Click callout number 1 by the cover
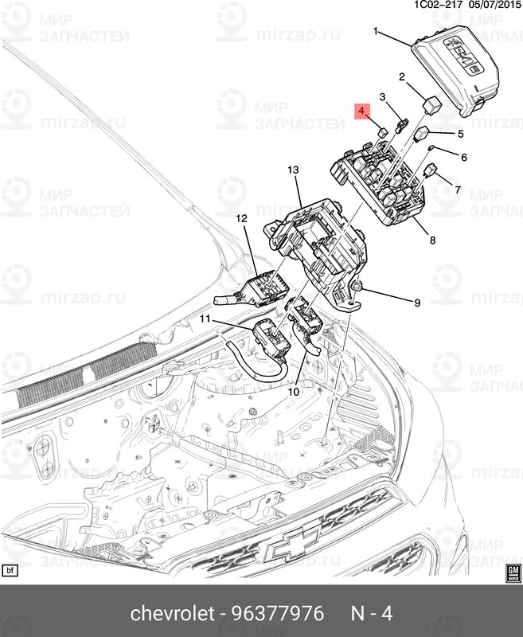click(377, 31)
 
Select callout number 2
click(402, 77)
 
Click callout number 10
click(293, 392)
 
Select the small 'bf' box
click(10, 571)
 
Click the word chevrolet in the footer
click(172, 614)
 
